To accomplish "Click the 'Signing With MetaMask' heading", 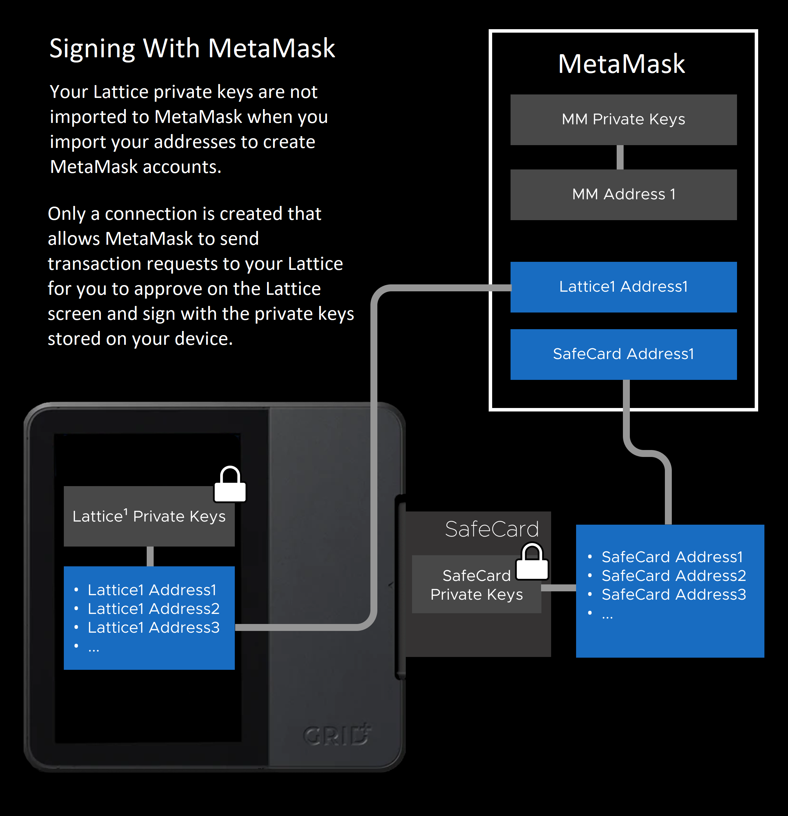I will point(192,48).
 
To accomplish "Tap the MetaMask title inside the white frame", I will point(621,64).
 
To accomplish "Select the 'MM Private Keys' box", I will point(623,119).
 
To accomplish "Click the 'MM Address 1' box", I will point(623,194).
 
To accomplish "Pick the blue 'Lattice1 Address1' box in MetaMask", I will point(623,287).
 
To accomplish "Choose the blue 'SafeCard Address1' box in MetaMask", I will point(623,354).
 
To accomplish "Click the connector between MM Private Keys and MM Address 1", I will point(620,157).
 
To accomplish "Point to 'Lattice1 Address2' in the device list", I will point(153,609).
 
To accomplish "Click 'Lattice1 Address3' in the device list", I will point(153,627).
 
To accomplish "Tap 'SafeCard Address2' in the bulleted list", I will point(674,576).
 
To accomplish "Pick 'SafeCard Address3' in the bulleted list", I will point(674,594).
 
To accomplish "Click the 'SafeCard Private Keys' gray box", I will point(476,585).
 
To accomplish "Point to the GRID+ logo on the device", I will point(337,735).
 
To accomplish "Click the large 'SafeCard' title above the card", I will point(491,529).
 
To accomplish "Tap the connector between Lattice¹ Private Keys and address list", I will point(150,556).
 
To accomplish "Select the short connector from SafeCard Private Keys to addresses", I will point(558,588).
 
